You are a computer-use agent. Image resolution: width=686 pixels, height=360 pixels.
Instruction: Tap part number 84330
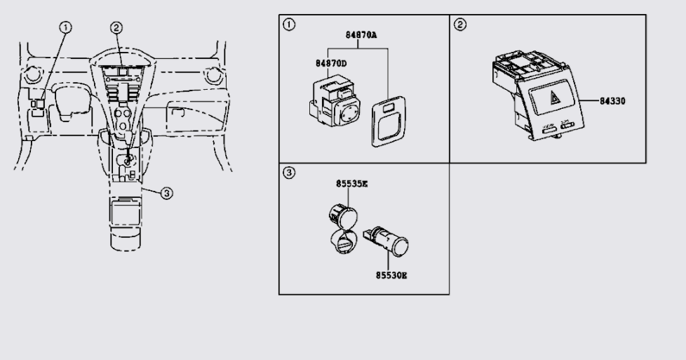click(612, 100)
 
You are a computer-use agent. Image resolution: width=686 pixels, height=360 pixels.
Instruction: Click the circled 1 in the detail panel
click(288, 25)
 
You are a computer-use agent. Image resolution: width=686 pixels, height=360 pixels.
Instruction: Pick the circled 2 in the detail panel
click(460, 25)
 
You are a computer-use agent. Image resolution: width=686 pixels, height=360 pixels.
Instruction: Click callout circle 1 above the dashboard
click(65, 27)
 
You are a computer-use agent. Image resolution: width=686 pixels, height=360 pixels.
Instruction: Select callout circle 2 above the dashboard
click(116, 27)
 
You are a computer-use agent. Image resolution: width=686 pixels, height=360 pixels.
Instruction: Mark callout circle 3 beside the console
click(166, 193)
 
